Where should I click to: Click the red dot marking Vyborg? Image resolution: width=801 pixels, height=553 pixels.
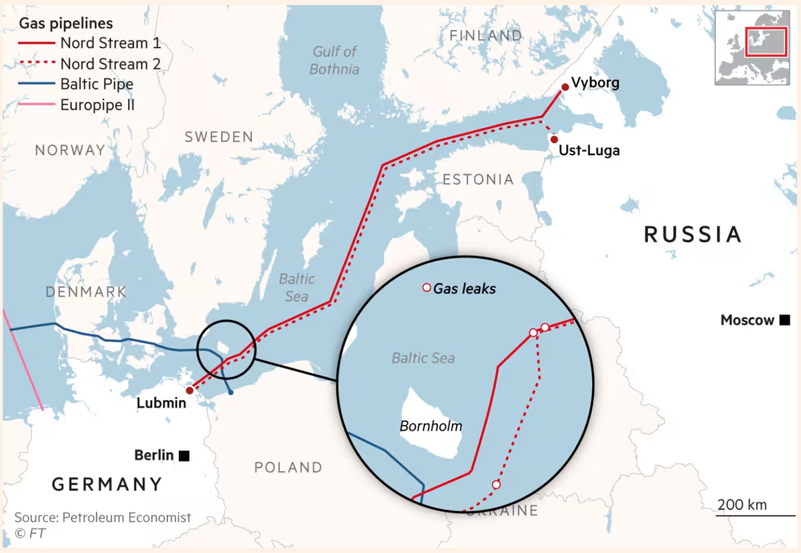click(x=565, y=86)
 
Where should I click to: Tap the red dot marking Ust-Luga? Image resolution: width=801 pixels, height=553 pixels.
click(x=554, y=139)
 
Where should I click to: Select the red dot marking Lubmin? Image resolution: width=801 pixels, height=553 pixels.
click(x=190, y=390)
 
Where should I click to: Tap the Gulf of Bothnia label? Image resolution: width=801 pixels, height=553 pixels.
click(x=334, y=60)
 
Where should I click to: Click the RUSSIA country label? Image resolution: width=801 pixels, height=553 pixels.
click(x=693, y=234)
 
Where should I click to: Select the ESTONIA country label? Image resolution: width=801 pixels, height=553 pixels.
click(x=478, y=179)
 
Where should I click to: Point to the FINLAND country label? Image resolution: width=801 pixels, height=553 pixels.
click(x=485, y=35)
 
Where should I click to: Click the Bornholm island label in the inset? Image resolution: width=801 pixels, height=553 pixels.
click(x=431, y=426)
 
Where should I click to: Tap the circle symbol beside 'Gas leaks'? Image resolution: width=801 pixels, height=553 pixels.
click(x=426, y=288)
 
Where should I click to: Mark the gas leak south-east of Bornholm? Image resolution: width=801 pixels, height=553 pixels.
click(x=495, y=484)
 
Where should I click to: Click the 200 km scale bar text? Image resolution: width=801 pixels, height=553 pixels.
click(x=742, y=504)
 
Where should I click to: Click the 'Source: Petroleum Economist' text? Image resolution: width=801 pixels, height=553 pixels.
click(x=103, y=518)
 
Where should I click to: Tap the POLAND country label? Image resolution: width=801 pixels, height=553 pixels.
click(x=288, y=468)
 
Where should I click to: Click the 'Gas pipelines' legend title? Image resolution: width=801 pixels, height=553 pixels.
click(x=66, y=23)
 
